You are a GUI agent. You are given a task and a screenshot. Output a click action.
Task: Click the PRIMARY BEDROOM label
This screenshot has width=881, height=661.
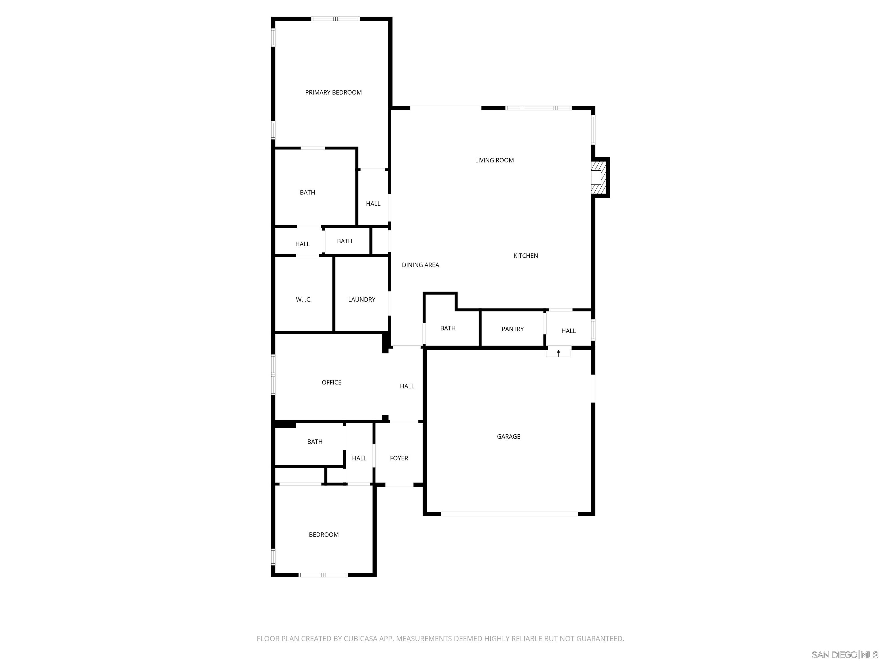coord(333,92)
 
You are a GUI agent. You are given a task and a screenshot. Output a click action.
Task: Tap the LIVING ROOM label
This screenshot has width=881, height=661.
coord(494,160)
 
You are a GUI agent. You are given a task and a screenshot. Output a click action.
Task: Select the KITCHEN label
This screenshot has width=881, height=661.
coord(525,256)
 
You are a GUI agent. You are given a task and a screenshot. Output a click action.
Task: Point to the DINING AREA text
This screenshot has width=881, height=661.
coord(420,265)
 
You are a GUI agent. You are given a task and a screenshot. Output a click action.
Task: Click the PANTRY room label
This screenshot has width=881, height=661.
coord(512,329)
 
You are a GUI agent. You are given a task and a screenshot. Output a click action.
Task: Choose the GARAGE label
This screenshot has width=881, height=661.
coord(508,437)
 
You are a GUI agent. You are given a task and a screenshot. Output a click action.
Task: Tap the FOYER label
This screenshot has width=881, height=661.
coord(399,458)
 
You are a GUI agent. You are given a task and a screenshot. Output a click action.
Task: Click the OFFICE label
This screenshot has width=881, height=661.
coord(331,382)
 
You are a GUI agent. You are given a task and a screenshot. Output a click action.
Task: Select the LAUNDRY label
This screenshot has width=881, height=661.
coord(361,300)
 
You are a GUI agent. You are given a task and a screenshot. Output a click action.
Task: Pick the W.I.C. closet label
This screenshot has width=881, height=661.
coord(303,300)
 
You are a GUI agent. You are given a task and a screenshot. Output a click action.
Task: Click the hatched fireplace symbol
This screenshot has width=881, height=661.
coord(598,177)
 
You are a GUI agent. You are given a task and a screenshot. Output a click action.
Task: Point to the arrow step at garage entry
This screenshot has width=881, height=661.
coord(558,352)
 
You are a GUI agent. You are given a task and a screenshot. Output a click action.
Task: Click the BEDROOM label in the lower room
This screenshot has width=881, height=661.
coord(323,535)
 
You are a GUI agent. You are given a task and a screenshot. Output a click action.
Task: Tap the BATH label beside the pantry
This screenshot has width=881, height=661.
coord(448,328)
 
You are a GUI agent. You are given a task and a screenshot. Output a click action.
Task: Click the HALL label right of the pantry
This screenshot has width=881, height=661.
coord(568,331)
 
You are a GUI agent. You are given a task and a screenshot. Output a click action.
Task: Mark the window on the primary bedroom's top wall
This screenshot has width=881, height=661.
coord(335,19)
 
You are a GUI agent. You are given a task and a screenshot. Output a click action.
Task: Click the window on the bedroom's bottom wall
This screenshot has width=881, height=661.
coord(323,575)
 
